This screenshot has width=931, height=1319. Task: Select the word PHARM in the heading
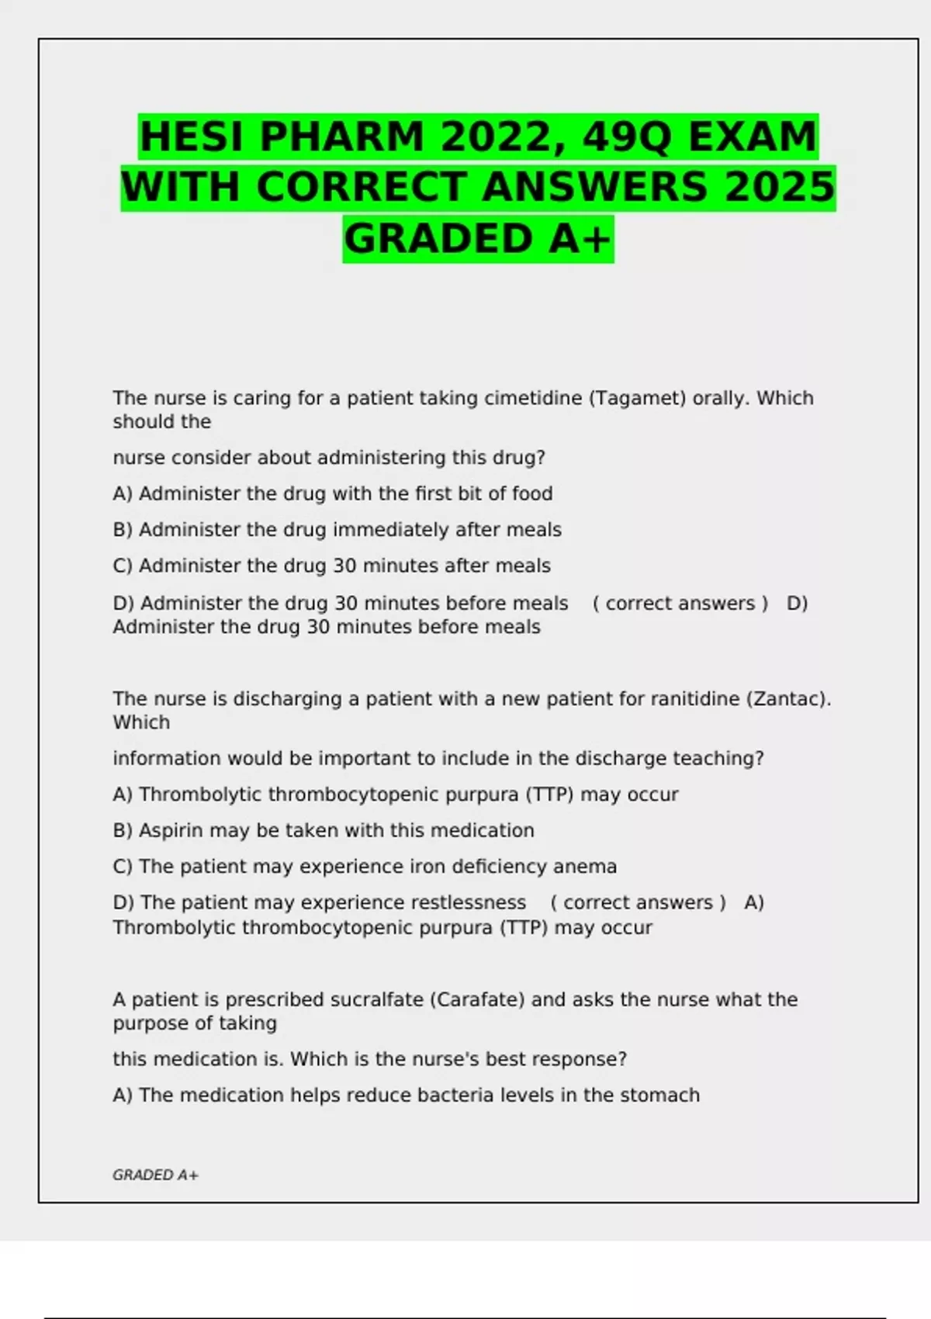(341, 137)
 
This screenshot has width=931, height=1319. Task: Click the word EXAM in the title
(753, 137)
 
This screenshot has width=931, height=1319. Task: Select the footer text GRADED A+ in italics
(155, 1175)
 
